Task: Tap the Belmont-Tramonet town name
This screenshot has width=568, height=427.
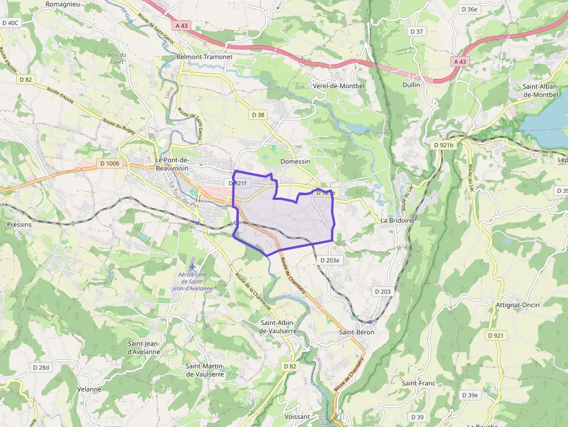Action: (200, 57)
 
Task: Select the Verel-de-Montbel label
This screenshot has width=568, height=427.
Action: (338, 86)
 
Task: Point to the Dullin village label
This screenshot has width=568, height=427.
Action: (410, 85)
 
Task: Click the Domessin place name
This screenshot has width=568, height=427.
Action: (295, 161)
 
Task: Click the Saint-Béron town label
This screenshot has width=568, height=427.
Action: (356, 333)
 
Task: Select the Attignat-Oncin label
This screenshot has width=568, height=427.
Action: (518, 305)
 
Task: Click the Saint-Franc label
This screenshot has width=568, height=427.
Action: (418, 383)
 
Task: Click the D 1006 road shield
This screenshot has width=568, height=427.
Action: (108, 163)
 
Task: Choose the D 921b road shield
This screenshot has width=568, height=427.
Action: (444, 144)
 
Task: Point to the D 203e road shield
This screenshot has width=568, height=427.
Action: (330, 260)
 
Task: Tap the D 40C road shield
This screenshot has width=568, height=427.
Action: (10, 23)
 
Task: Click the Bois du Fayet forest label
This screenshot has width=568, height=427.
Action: (116, 58)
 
